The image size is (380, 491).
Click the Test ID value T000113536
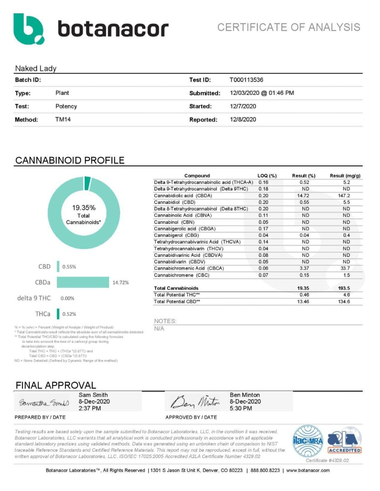[246, 80]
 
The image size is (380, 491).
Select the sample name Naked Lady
[36, 68]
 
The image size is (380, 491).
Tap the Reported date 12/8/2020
[243, 119]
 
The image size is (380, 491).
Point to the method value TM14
[63, 119]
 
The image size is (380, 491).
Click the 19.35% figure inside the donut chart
[83, 208]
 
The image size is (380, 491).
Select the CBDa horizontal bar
[83, 282]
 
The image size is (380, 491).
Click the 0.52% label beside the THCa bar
[69, 314]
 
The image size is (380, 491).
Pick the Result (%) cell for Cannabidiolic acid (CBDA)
[303, 196]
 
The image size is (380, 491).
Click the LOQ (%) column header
[267, 176]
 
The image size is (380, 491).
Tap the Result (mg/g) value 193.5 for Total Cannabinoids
[344, 288]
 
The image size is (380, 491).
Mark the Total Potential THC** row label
[177, 295]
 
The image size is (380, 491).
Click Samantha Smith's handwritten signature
[44, 402]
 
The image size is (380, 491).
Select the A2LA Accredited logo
[344, 441]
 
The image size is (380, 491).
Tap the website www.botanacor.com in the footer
[308, 470]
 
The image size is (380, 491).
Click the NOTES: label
[165, 321]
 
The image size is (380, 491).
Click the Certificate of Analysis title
[289, 27]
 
